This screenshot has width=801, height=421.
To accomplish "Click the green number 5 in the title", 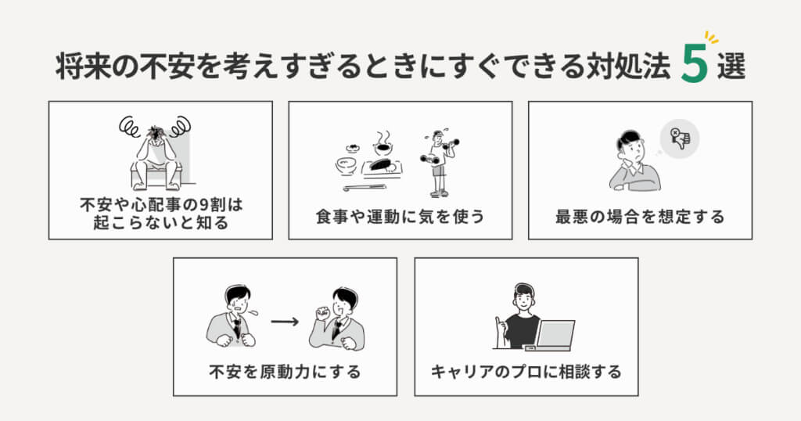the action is [695, 64].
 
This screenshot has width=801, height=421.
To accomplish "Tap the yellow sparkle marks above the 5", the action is [711, 38].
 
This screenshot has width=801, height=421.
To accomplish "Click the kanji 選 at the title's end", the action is [731, 66].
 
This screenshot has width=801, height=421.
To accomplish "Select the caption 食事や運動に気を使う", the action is [400, 217].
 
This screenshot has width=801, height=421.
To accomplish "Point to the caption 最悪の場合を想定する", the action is [640, 217].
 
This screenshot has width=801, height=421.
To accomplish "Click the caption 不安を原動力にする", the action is [285, 372].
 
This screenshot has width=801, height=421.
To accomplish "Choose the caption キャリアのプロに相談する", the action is [526, 372].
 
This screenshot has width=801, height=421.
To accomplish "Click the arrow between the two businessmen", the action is [285, 322].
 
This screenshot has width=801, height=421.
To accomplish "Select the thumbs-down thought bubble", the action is [680, 139].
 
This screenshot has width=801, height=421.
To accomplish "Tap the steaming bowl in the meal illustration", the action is [383, 144].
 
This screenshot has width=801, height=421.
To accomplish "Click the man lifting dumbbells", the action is [438, 163].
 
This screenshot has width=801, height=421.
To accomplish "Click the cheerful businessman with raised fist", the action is [338, 319].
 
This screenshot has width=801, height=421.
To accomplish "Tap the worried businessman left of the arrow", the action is [232, 316].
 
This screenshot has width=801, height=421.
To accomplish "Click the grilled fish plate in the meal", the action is [382, 167].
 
